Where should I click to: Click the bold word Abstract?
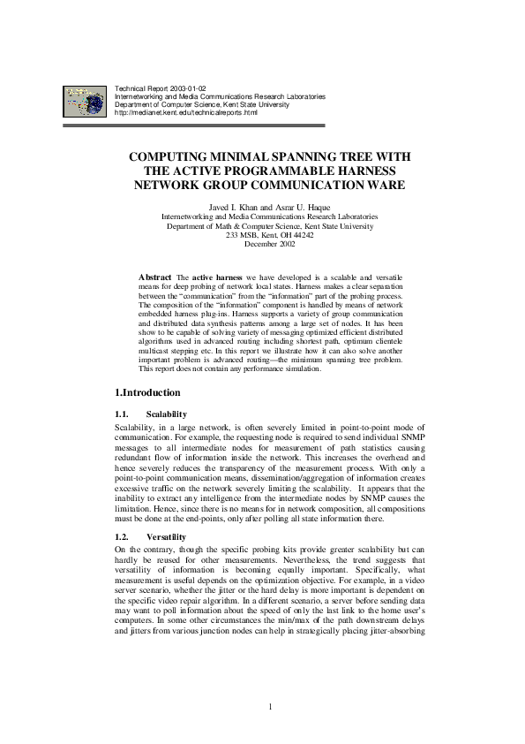coord(155,277)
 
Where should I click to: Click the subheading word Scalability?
coord(167,414)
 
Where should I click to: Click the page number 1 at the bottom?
coord(270,707)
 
